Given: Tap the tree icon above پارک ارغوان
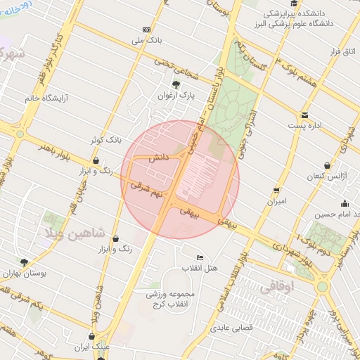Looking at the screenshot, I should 176,84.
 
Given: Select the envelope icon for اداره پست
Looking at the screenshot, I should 304,115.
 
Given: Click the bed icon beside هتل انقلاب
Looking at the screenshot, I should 200,257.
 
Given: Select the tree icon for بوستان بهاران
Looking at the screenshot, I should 25,262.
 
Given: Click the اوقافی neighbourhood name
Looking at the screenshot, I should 283,287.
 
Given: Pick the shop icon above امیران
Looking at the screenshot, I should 276,191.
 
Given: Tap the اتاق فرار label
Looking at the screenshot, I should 344,53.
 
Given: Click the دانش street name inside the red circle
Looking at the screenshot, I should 156,160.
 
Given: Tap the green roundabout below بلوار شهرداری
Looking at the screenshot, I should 322,286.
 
